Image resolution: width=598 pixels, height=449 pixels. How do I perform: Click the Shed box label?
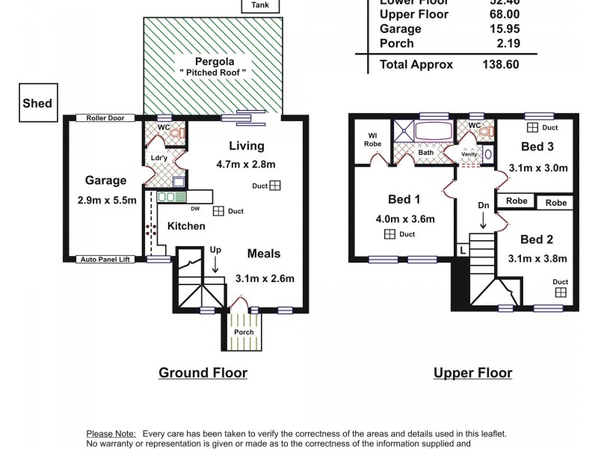[37, 103]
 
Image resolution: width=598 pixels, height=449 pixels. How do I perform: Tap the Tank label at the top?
[261, 5]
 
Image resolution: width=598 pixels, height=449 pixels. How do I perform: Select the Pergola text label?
[213, 61]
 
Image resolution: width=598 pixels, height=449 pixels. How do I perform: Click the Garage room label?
[105, 180]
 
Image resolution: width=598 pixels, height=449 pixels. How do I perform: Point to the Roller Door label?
[105, 118]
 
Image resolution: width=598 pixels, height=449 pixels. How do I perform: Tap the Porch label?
[244, 332]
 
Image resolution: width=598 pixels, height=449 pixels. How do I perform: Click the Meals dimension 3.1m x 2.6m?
[265, 278]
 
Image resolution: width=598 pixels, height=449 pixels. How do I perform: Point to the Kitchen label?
[186, 225]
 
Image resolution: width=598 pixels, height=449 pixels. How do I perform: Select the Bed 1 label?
[404, 199]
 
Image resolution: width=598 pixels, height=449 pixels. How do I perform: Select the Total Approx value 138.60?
[502, 64]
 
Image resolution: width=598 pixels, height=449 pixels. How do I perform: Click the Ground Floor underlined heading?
[203, 373]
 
